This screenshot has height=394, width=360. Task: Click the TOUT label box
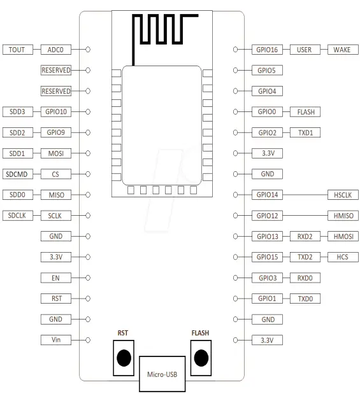point(18,50)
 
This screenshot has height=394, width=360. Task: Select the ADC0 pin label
point(56,50)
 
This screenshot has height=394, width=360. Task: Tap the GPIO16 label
point(267,50)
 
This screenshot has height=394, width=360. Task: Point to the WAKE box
point(343,50)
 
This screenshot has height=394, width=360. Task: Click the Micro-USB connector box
point(162,374)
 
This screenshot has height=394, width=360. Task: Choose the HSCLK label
point(343,195)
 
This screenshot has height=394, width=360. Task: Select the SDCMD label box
point(18,174)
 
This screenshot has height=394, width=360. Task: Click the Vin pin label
point(56,340)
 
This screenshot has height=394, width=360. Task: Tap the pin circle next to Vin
point(88,340)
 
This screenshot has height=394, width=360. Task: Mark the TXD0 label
point(305,299)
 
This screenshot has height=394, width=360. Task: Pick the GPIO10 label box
point(56,111)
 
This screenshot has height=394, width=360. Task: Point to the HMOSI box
point(343,236)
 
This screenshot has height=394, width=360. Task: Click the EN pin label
point(56,278)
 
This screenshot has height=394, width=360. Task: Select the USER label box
point(305,50)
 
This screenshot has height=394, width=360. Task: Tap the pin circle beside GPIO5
point(235,70)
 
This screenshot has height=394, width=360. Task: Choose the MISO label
point(56,195)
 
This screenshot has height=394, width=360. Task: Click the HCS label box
point(343,257)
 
